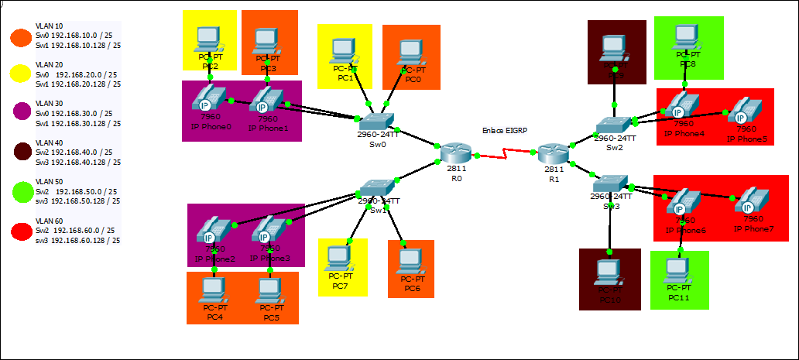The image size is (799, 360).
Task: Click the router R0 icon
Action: pyautogui.click(x=454, y=153)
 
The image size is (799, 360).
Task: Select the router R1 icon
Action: pyautogui.click(x=554, y=153)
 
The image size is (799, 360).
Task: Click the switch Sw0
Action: pyautogui.click(x=376, y=122)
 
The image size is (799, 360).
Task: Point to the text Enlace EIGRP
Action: pyautogui.click(x=504, y=131)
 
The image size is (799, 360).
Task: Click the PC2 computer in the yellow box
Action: pyautogui.click(x=209, y=39)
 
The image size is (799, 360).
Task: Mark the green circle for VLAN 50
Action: pyautogui.click(x=19, y=191)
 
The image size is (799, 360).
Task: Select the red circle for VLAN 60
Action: pyautogui.click(x=19, y=231)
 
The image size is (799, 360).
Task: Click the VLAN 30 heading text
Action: pyautogui.click(x=50, y=103)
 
